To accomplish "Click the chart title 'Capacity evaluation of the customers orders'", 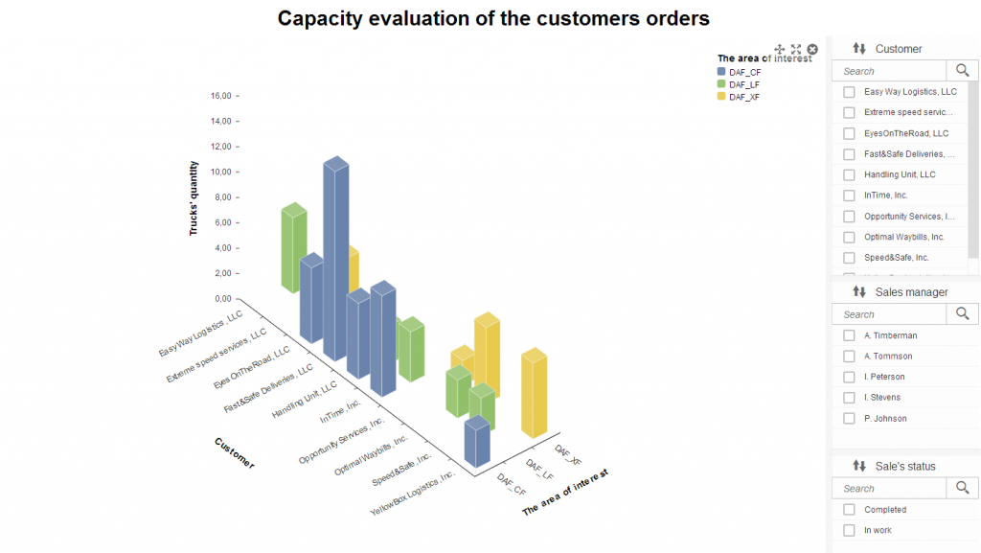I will point(493,17).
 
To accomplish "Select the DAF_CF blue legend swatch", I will point(721,72).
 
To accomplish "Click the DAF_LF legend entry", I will point(744,84).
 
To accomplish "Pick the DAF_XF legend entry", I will point(744,97).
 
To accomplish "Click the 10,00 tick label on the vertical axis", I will point(220,172).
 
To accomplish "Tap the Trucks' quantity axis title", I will point(194,198).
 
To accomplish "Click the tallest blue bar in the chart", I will point(335,259).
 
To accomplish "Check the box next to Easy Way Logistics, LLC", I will point(849,92).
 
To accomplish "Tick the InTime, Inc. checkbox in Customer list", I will point(849,196).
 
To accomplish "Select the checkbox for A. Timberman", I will point(849,335).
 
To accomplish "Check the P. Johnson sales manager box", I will point(849,418).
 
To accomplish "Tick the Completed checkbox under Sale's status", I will point(849,510).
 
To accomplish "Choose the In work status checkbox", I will point(849,530).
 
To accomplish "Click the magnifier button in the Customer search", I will point(962,70).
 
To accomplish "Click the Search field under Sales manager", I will point(889,314).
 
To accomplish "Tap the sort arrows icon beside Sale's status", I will point(859,466).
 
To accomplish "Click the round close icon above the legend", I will point(812,49).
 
